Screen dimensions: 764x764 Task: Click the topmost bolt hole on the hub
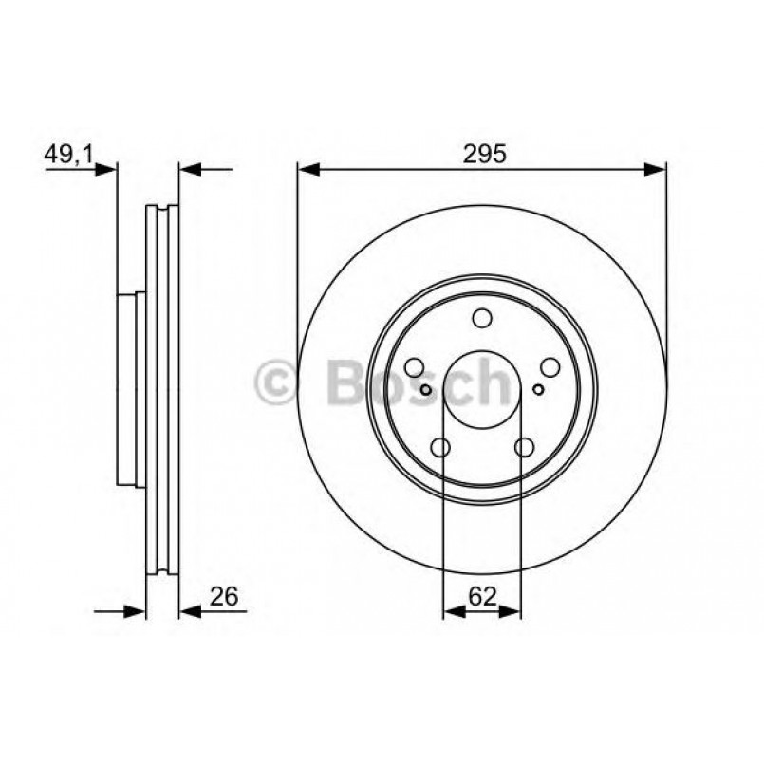click(482, 319)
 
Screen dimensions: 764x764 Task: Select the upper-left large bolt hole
click(414, 367)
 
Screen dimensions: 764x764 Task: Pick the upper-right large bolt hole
click(550, 367)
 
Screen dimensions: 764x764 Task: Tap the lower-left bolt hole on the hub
click(440, 447)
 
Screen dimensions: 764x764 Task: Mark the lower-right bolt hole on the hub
click(524, 447)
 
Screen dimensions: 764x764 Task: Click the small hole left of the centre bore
click(426, 389)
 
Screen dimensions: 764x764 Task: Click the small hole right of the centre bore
click(538, 389)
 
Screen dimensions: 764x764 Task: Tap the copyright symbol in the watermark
click(277, 382)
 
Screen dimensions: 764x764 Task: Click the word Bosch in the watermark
click(418, 382)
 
